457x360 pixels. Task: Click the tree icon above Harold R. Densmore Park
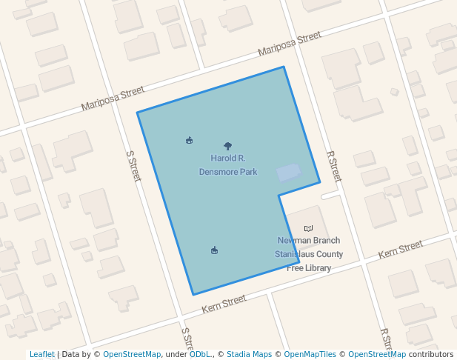coord(227,147)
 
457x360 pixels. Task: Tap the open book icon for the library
coord(309,228)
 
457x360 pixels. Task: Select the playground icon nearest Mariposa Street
coord(190,140)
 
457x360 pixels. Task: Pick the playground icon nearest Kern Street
coord(215,250)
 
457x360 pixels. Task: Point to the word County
coord(330,254)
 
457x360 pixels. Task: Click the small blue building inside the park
coord(289,173)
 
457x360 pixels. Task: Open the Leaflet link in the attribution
coord(42,354)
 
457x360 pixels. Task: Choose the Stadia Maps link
coord(250,354)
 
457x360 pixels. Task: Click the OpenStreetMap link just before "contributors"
coord(377,354)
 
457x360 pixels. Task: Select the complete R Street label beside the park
coord(334,167)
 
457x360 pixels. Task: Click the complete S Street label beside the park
coord(133,167)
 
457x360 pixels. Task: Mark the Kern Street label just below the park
coord(224,302)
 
